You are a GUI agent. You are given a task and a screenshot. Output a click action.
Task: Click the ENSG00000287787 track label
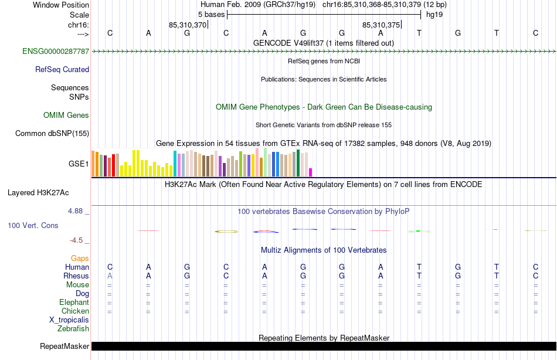coord(56,52)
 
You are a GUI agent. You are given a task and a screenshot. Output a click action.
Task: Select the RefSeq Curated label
coord(62,70)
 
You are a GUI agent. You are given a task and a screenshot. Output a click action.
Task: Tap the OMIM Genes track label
coord(66,116)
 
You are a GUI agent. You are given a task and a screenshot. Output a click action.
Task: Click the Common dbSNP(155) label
coord(52,134)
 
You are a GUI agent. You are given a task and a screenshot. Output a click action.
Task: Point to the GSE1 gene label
coord(79,164)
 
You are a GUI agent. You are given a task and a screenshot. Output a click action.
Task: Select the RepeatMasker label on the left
coord(64,347)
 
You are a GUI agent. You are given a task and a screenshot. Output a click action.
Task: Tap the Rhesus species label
coord(76,276)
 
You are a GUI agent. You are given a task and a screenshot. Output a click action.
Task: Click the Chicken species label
coord(75,311)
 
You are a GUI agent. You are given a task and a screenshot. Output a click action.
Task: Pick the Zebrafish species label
coord(73,329)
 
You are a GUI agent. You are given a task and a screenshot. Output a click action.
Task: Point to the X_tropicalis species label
coord(69,320)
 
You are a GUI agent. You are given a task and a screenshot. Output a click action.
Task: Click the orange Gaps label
coord(80,259)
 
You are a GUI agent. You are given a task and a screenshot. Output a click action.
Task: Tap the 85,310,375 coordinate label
coord(381,25)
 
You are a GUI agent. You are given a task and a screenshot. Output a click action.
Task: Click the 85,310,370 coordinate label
coord(188,25)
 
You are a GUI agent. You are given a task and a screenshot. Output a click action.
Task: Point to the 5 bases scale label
coord(211,14)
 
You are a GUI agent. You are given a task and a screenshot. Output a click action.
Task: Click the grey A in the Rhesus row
coord(110,276)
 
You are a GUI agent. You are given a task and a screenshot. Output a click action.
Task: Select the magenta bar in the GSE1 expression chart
coord(310,172)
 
